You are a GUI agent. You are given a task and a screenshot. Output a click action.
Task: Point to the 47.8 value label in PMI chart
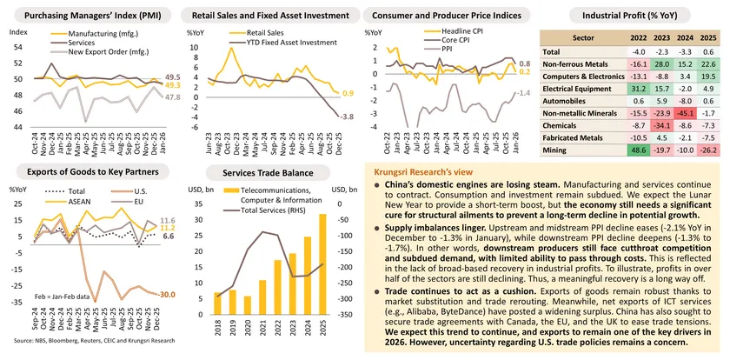coord(174,97)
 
